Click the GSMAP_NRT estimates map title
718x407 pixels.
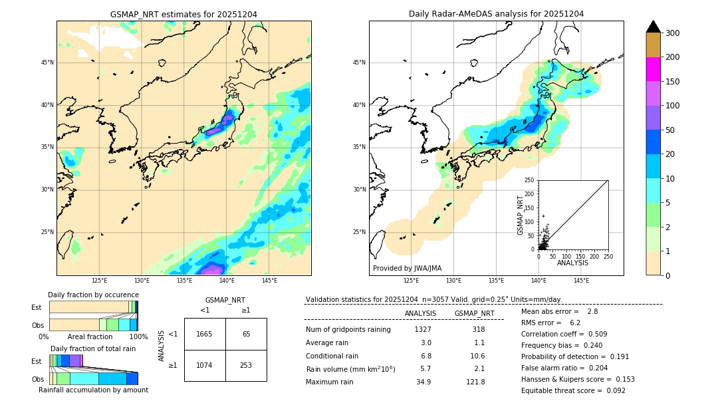[x=183, y=14]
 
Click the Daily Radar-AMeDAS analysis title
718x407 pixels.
[x=496, y=14]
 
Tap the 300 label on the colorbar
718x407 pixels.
[x=672, y=33]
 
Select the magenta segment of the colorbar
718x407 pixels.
[x=653, y=69]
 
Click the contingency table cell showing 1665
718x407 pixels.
[x=204, y=334]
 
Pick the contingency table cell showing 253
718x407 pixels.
[x=246, y=366]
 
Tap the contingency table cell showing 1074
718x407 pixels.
[x=204, y=366]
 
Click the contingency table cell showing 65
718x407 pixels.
[x=246, y=334]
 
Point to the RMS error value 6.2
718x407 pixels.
[x=575, y=323]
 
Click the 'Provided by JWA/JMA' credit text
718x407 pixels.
[x=407, y=269]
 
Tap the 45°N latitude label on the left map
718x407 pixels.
[x=47, y=63]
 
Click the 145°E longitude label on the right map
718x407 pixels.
[x=581, y=281]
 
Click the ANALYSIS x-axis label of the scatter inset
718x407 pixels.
[x=572, y=263]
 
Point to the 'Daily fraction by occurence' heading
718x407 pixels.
[x=93, y=295]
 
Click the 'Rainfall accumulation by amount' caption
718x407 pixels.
[x=93, y=390]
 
